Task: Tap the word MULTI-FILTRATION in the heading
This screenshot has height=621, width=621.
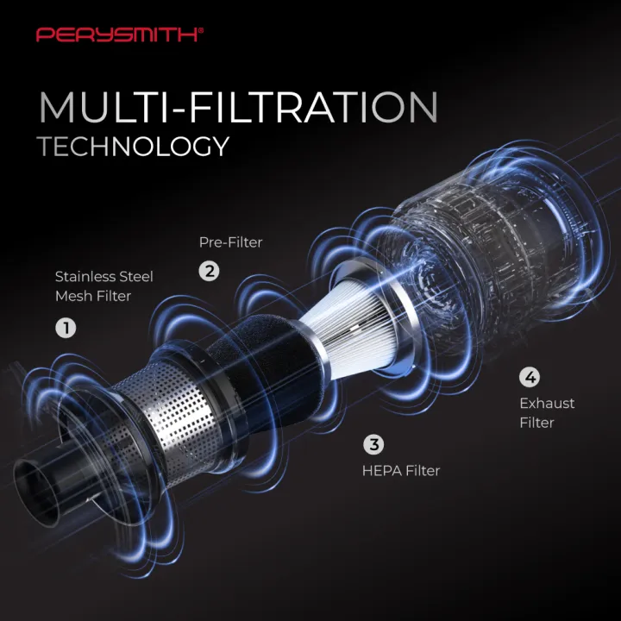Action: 238,107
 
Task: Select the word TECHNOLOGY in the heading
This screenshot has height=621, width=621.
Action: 133,146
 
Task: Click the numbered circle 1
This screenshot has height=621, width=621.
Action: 66,328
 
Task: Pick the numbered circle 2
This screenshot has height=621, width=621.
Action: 209,272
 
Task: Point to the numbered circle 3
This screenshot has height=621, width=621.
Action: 373,444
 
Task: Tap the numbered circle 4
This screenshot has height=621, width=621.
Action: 530,377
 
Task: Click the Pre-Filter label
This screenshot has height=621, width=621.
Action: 230,242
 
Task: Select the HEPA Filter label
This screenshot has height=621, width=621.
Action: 401,471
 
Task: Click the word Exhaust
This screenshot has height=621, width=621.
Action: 547,403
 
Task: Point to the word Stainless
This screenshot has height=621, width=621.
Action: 83,277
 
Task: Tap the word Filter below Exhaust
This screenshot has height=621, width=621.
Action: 536,423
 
